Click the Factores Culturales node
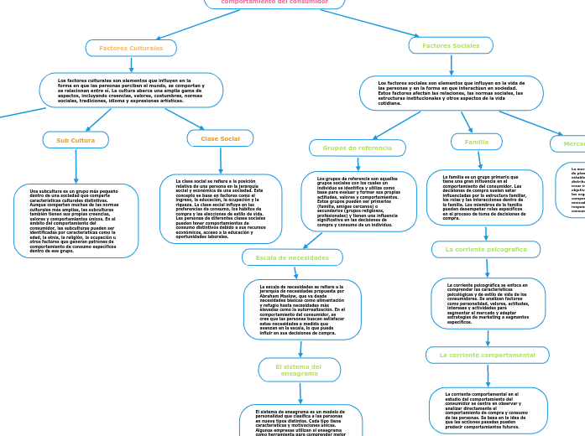coord(131,48)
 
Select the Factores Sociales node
coord(451,45)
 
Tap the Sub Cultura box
coord(76,140)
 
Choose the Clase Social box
coord(220,138)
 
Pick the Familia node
coord(477,143)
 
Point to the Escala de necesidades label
coord(292,257)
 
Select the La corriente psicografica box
coord(486,250)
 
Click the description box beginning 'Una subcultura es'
coord(76,221)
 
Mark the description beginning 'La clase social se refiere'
coord(221,209)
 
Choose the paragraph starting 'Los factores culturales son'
coord(131,90)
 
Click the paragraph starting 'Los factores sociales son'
coord(451,93)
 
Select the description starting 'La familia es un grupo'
coord(484,198)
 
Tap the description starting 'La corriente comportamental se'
coord(488,410)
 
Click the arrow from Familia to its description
coord(478,160)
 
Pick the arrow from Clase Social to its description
coord(221,160)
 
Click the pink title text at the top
coord(274,3)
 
